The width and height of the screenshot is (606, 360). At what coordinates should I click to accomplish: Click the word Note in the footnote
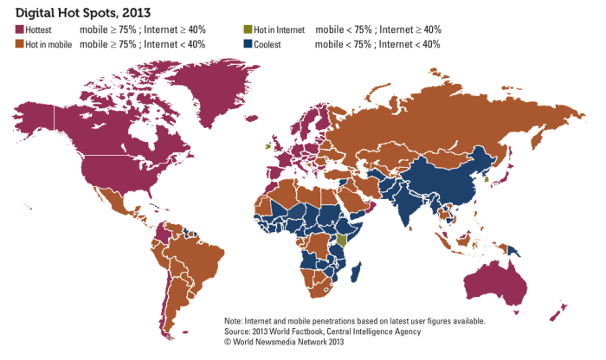pyautogui.click(x=235, y=320)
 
